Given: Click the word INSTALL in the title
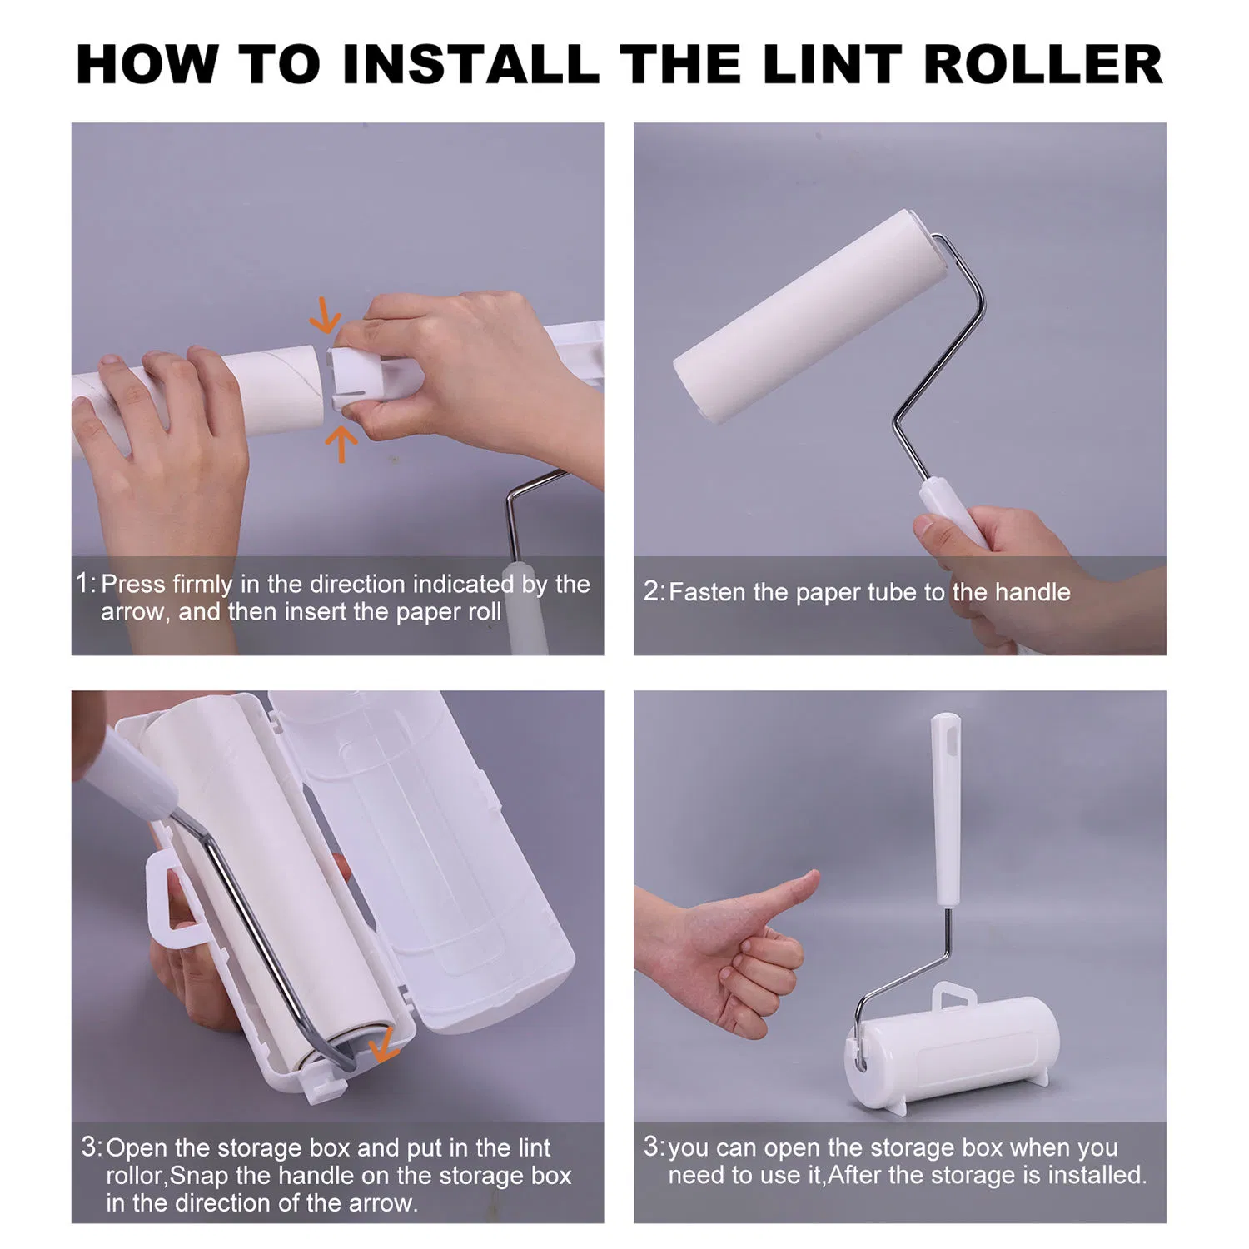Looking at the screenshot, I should (470, 64).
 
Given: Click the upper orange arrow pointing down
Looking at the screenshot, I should (326, 316).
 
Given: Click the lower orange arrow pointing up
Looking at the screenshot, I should (341, 443).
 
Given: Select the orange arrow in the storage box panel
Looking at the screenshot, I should (384, 1045).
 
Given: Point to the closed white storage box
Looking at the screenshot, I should (953, 1049).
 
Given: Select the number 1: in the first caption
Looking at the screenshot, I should (85, 583).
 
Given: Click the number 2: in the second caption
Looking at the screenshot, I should (654, 592).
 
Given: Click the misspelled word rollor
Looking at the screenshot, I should (137, 1176).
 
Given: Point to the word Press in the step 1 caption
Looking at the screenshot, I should (132, 584).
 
